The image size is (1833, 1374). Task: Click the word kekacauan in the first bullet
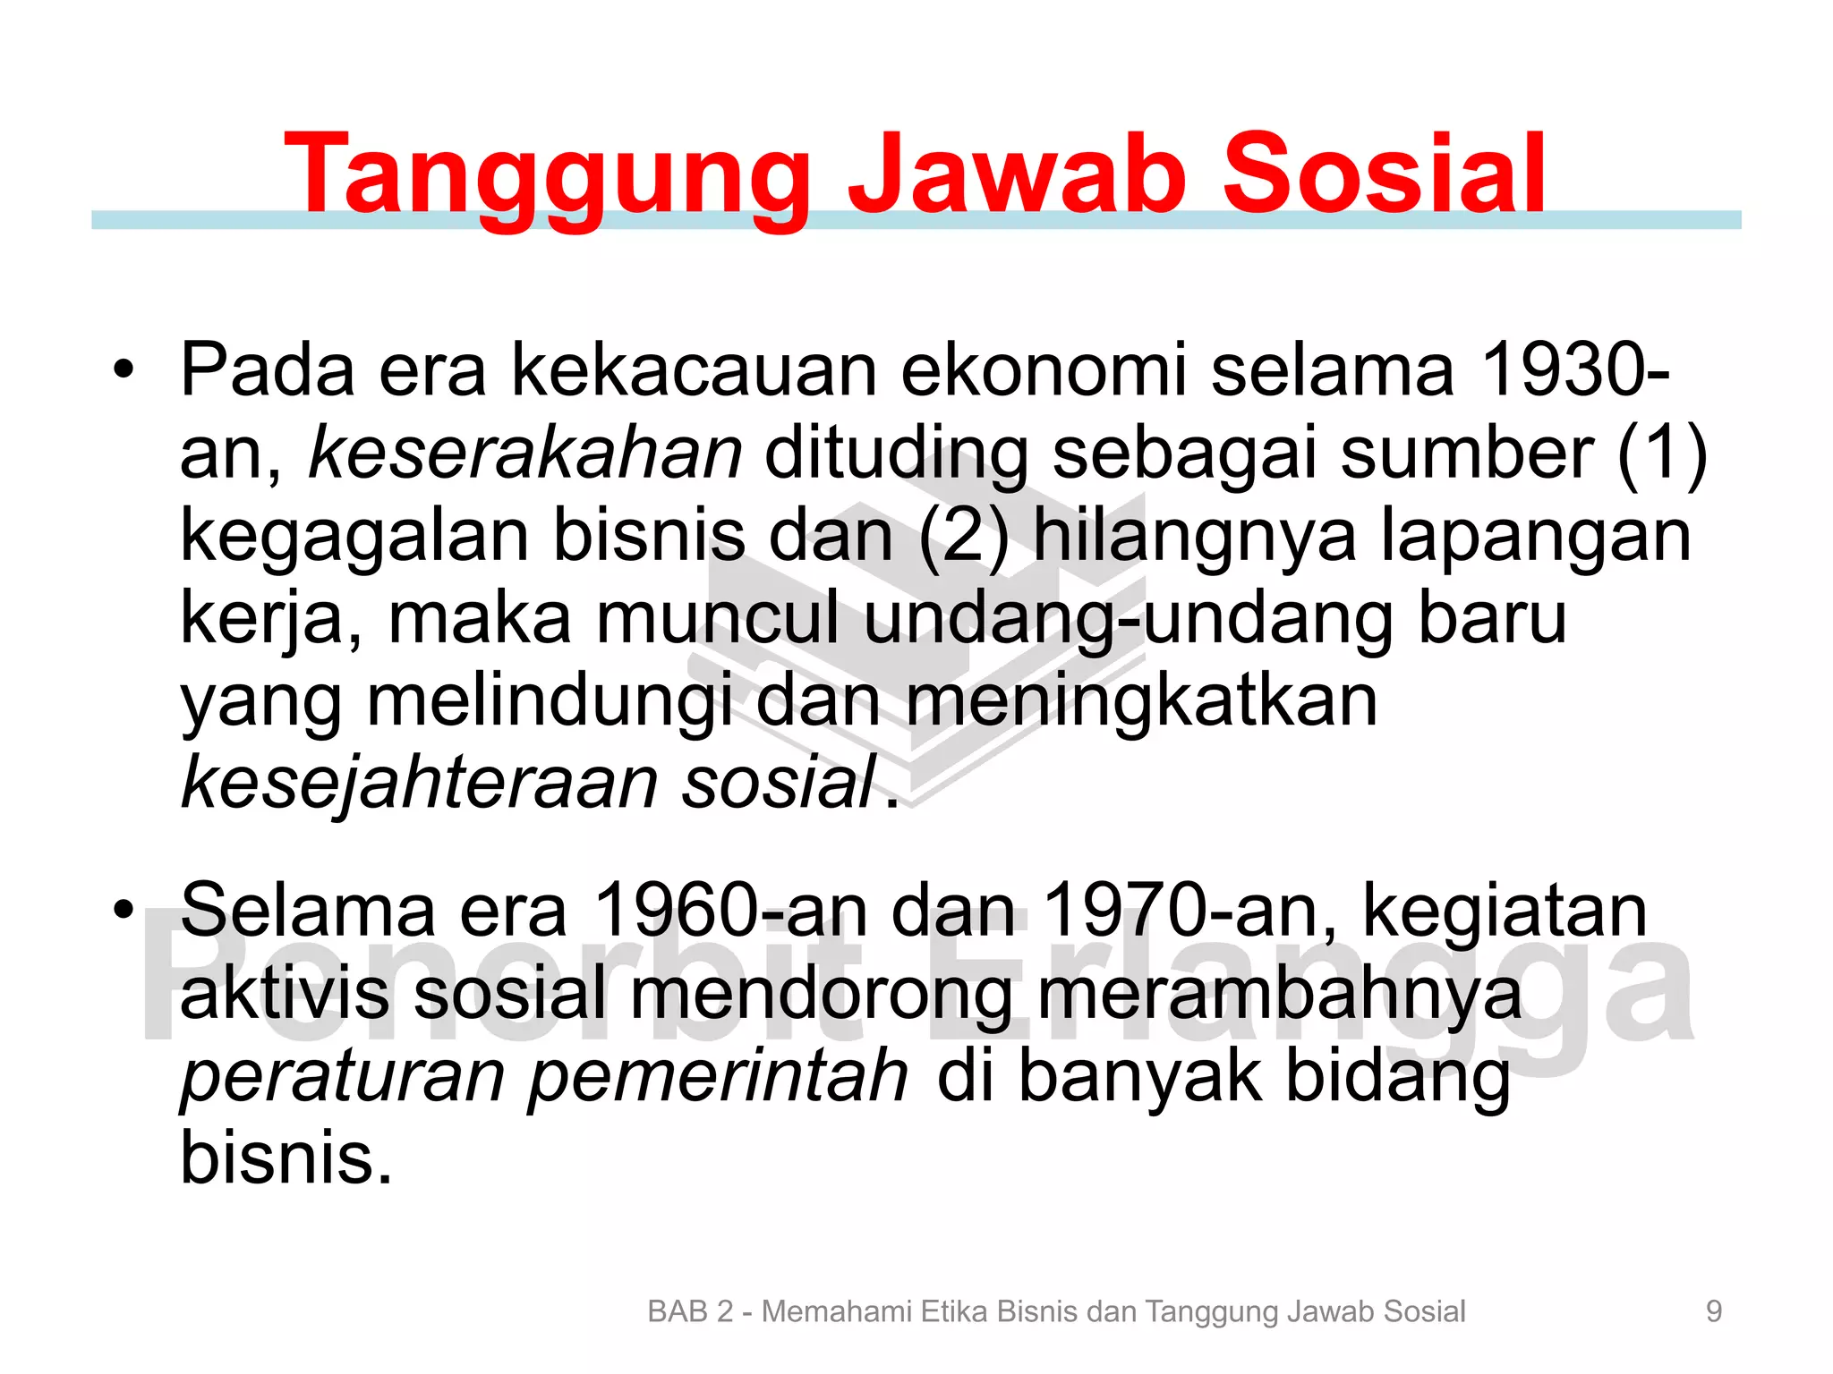pos(695,370)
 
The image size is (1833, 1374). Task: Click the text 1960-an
pos(730,911)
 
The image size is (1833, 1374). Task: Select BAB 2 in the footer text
pos(690,1311)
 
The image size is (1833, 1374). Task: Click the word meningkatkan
pos(1142,700)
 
